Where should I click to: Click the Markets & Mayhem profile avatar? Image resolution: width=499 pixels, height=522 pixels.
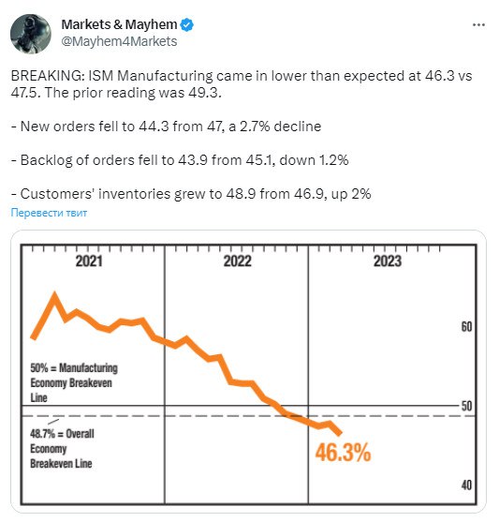(x=31, y=34)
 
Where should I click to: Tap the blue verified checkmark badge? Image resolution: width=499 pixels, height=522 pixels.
(x=187, y=25)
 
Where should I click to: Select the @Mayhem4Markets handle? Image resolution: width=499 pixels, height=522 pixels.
(x=119, y=41)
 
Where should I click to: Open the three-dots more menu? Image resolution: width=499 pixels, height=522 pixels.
(x=478, y=25)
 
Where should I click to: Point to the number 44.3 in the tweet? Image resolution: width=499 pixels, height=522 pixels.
(x=154, y=127)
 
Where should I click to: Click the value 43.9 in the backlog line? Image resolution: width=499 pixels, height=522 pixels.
(x=193, y=160)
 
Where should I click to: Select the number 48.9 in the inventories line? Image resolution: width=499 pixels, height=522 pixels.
(x=242, y=194)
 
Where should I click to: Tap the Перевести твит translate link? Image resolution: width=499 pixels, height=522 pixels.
(x=49, y=213)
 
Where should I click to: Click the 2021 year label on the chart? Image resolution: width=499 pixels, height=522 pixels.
(x=89, y=261)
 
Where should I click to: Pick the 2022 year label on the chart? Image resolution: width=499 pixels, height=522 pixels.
(x=237, y=261)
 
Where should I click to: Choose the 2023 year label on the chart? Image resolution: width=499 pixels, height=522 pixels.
(x=388, y=261)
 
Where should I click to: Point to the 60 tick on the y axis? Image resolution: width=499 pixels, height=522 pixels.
(x=466, y=327)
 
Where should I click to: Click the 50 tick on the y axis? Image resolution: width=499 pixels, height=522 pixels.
(x=466, y=406)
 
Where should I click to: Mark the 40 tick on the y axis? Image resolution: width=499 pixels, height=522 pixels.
(x=466, y=485)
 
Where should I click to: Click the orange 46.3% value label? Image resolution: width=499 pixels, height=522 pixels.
(x=343, y=453)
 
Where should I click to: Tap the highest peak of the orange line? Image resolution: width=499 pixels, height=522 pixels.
(x=54, y=294)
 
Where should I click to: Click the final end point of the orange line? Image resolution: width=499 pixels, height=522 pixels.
(x=339, y=434)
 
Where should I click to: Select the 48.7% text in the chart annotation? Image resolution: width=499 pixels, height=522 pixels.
(x=42, y=434)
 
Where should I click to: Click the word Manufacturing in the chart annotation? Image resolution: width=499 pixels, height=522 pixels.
(x=88, y=368)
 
